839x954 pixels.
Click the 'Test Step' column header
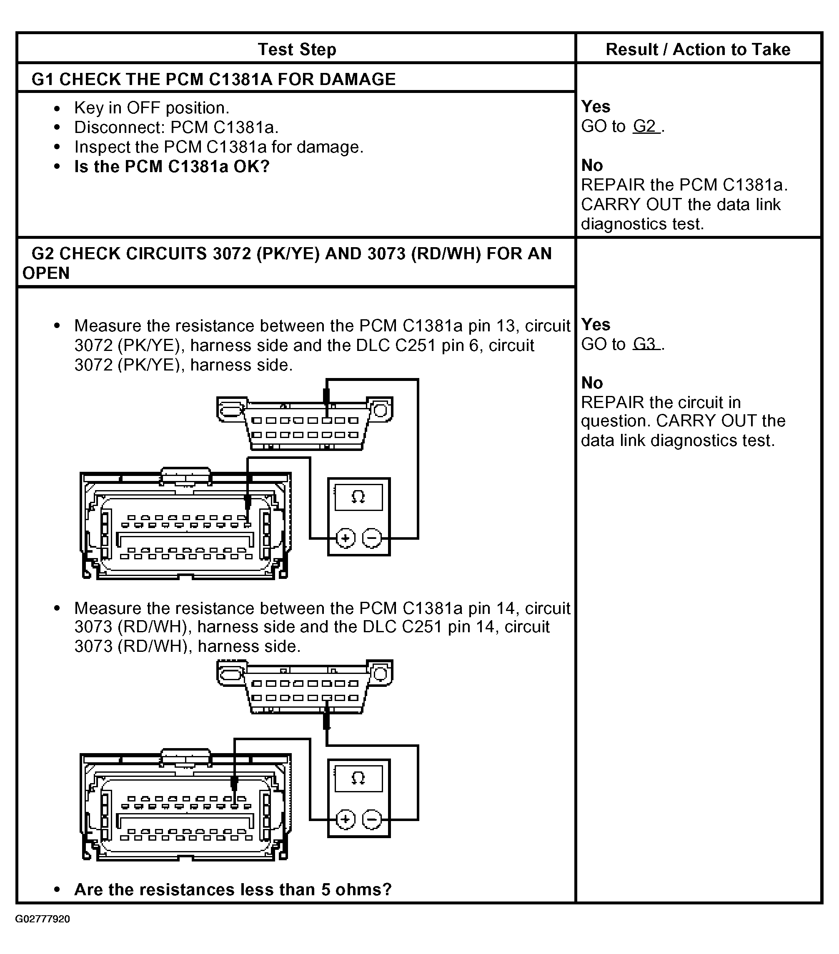[297, 49]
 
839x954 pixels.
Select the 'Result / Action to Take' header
[698, 49]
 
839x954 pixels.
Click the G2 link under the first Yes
[645, 126]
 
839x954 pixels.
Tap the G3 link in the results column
[645, 344]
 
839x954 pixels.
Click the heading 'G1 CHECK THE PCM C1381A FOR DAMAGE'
[213, 79]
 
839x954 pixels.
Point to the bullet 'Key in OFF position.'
[152, 108]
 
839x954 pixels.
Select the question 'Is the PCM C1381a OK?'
[172, 167]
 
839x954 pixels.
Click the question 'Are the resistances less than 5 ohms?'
[233, 889]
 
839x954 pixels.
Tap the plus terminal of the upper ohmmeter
[345, 538]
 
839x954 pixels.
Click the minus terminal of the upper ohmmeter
[372, 538]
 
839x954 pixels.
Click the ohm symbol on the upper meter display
[358, 497]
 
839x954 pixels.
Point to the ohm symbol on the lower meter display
[358, 778]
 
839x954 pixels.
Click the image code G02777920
[43, 919]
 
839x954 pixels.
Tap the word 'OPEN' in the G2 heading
[46, 273]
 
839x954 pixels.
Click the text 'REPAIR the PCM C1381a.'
[684, 185]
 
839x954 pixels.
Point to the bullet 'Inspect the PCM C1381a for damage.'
[218, 147]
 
